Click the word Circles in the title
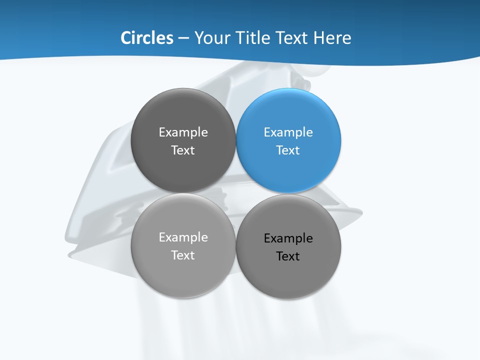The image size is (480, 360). (147, 38)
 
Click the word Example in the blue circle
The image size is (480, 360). (288, 132)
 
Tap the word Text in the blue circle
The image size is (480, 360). (288, 150)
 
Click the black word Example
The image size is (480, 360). (288, 238)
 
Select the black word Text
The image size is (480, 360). (288, 256)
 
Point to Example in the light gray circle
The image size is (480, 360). (183, 237)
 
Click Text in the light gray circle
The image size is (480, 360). (183, 255)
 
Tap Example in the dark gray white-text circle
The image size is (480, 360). (183, 132)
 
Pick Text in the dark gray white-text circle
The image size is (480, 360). (183, 150)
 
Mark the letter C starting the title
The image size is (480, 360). (126, 38)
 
